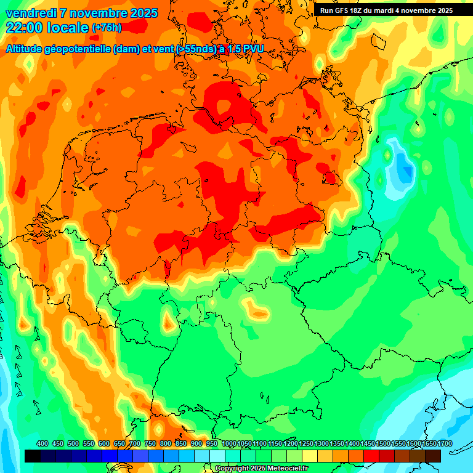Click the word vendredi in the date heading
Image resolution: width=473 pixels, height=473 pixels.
pos(31,13)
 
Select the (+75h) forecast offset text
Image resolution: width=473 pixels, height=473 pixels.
pos(107,28)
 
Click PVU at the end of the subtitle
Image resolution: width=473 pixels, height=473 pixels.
pos(261,49)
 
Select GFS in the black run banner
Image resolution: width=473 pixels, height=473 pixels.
pos(346,10)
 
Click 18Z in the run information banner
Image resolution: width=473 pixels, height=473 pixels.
pos(363,10)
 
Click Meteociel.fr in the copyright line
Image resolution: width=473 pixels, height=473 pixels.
pos(285,469)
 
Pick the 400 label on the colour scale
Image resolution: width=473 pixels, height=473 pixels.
pos(42,444)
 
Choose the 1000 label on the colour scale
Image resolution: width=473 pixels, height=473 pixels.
pos(229,444)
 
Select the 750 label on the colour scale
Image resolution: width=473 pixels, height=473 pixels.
pos(150,444)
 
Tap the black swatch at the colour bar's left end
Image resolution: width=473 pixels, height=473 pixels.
pos(33,456)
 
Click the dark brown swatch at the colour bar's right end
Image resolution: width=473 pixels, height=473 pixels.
pos(433,456)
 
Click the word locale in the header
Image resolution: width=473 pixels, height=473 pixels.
pos(69,28)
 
